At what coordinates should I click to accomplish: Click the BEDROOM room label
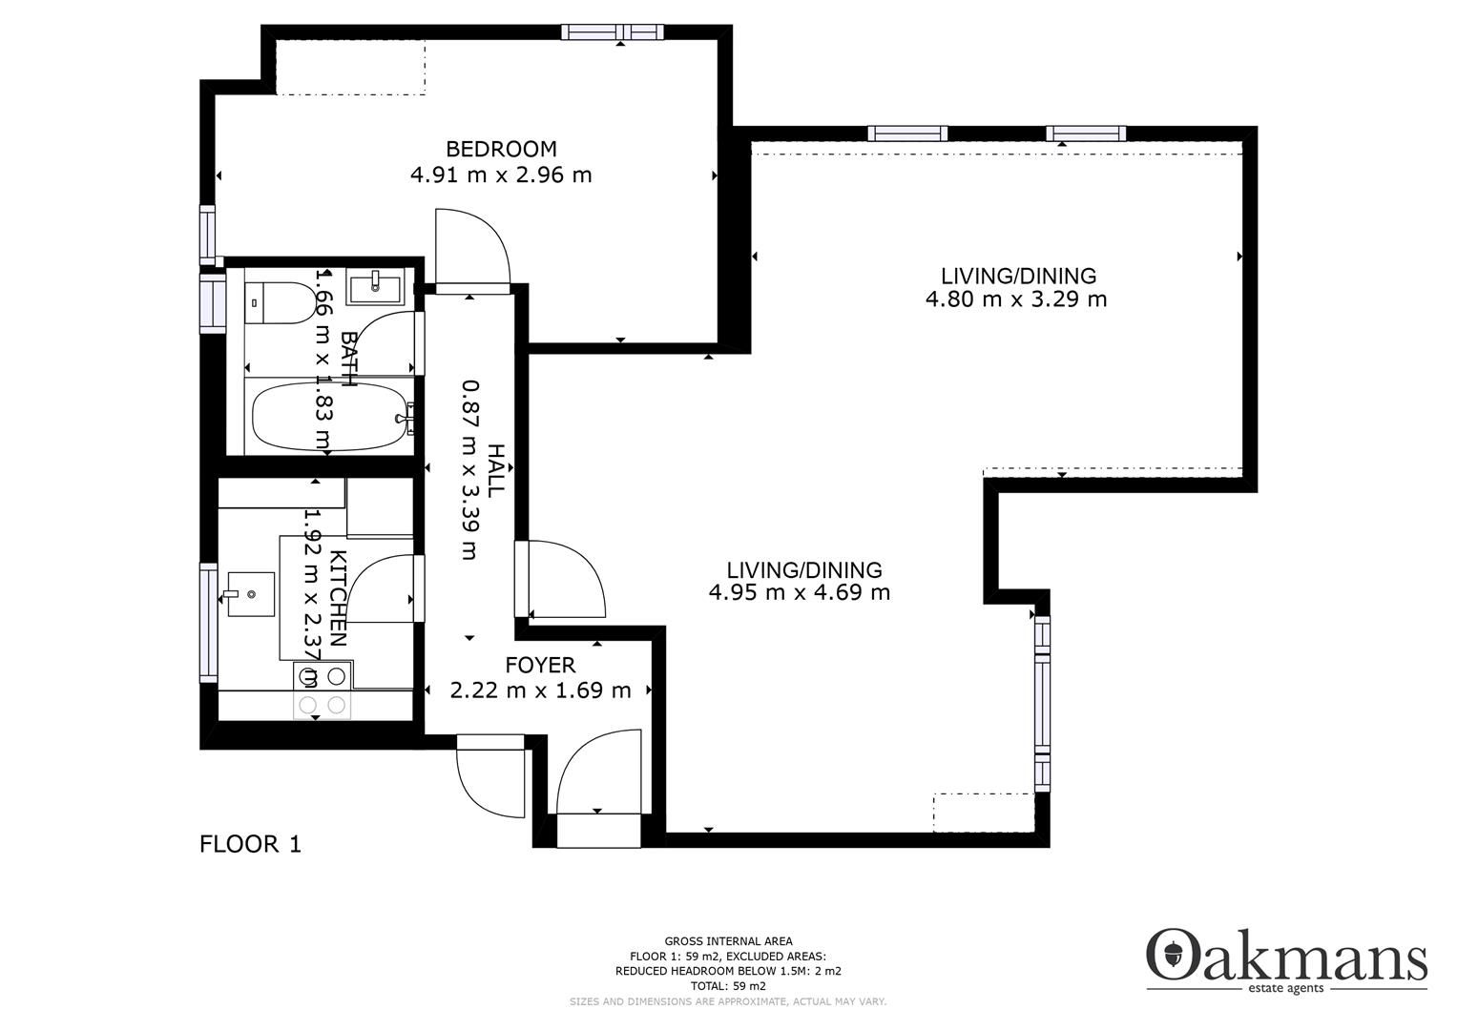tap(501, 149)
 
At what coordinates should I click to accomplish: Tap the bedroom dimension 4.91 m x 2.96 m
tap(501, 175)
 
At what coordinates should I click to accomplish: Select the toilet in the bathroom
tap(280, 303)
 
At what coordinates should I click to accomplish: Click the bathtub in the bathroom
tap(332, 416)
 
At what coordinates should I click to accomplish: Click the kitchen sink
tap(250, 593)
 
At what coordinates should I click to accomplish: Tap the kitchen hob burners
tap(322, 690)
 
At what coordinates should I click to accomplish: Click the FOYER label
tap(540, 666)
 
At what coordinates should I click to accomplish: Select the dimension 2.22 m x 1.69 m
tap(540, 690)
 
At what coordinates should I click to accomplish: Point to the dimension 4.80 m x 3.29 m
tap(1016, 299)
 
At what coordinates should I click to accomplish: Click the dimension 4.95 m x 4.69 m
tap(800, 592)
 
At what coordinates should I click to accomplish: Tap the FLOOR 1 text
tap(250, 844)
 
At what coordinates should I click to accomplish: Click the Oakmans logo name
tap(1286, 956)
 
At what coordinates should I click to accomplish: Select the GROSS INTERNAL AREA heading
tap(729, 941)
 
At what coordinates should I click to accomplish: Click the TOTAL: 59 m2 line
tap(729, 986)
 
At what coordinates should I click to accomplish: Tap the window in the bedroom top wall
tap(613, 31)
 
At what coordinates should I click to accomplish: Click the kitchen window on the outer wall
tap(208, 622)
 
